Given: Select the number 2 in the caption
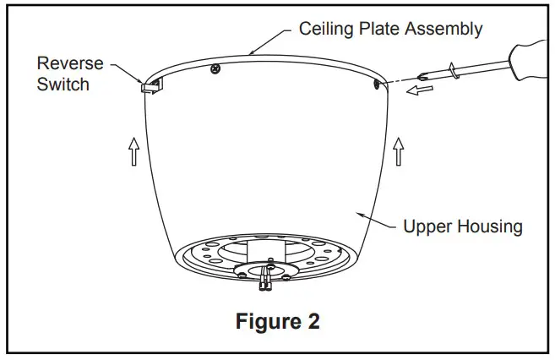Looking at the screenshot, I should tap(313, 322).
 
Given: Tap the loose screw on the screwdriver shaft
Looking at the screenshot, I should tap(453, 70).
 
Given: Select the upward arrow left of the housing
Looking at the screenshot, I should tap(133, 152).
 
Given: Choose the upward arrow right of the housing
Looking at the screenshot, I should tap(398, 152).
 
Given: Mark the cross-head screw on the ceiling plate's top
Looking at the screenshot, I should tap(216, 68).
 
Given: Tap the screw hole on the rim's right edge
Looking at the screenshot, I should tap(373, 83).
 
